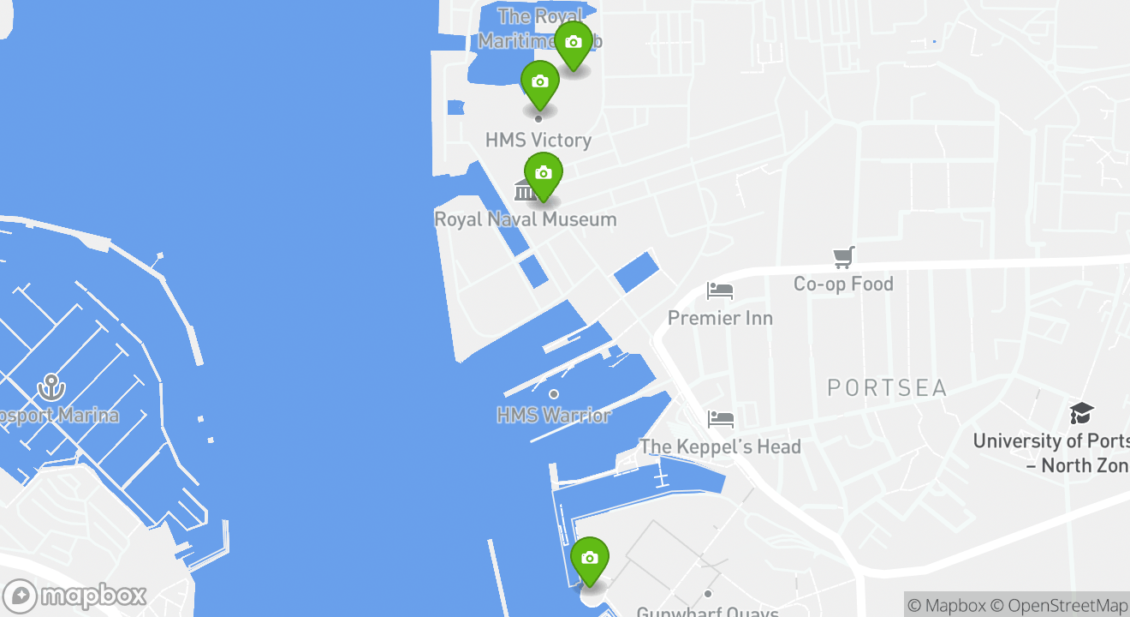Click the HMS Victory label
538,140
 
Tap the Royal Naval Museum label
525,219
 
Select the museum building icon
525,190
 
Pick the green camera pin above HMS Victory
539,83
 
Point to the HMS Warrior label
554,416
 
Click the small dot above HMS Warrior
554,394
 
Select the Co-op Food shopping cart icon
844,256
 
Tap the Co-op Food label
843,284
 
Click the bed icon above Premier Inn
720,291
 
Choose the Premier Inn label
720,318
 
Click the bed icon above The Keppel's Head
721,419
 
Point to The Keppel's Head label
720,446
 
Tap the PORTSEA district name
887,388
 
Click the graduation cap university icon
1081,414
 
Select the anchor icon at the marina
51,387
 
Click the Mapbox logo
75,596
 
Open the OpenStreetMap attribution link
1068,605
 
